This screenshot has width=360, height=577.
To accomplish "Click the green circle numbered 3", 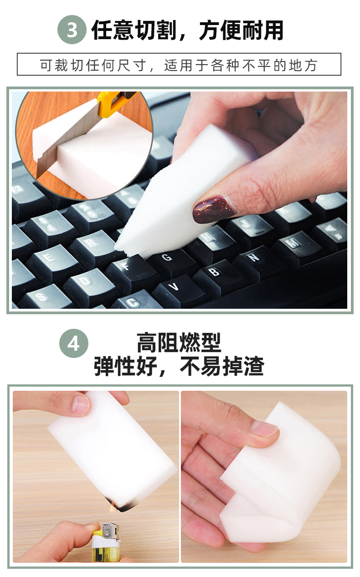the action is click(72, 30).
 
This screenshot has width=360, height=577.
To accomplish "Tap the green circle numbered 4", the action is click(74, 343).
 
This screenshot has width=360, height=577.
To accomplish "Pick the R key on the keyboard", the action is click(94, 246).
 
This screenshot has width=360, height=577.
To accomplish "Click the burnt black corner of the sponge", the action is click(123, 504).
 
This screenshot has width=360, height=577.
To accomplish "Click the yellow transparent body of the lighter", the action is click(106, 554).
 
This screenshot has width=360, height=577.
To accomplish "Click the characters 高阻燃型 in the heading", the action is click(179, 342).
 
